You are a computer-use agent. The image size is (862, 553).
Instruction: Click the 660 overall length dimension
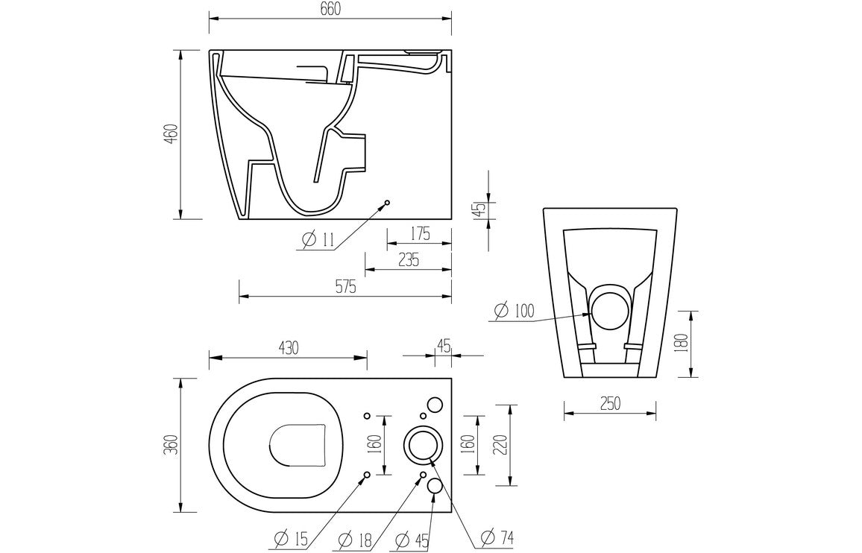[330, 9]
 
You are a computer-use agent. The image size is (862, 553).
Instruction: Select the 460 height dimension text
[171, 134]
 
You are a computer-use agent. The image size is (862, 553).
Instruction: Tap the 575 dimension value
[345, 286]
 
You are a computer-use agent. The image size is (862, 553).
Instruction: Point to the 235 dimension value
[408, 259]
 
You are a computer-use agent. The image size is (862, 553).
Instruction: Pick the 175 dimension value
[419, 233]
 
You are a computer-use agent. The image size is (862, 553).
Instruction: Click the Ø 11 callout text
[318, 239]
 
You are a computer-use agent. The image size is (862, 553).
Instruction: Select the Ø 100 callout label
[515, 310]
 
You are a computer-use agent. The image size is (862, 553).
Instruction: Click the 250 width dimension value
[610, 403]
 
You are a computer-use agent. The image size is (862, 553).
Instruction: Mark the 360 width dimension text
[171, 445]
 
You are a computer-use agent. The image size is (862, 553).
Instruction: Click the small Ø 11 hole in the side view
[387, 203]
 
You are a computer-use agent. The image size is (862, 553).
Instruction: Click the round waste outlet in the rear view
[609, 307]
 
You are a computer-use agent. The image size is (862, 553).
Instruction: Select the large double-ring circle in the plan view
[423, 445]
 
